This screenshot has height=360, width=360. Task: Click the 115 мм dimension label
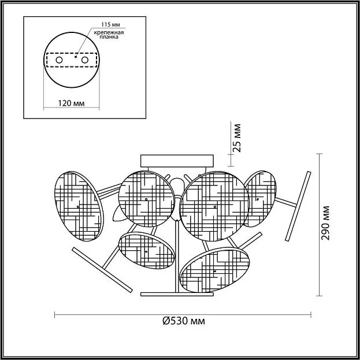point(111,24)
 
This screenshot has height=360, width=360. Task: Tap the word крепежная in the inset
point(109,32)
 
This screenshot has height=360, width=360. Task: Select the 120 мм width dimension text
point(71,103)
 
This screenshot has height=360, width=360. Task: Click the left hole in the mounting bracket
point(59,60)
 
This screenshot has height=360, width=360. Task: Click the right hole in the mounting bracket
point(85,60)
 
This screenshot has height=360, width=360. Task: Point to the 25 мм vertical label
point(237,138)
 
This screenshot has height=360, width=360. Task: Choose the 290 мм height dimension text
point(325,223)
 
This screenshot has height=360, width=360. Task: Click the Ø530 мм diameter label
point(184,321)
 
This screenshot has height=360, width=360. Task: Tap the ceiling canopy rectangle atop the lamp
point(177,161)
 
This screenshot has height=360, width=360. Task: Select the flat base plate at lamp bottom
point(177,294)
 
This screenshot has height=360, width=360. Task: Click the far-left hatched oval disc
point(79,206)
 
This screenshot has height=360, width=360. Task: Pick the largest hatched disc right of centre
point(214,206)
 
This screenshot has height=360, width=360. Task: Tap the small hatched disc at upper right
point(260,199)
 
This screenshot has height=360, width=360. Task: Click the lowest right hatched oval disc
point(214,270)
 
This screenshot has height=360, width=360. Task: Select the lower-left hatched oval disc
point(147,250)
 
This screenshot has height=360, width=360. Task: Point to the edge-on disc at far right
point(298,206)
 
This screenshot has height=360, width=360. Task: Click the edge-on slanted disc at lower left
point(102,270)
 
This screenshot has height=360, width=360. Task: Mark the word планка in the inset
point(109,37)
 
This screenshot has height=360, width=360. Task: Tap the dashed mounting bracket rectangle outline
point(72,53)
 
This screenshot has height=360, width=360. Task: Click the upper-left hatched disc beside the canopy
point(147,199)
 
